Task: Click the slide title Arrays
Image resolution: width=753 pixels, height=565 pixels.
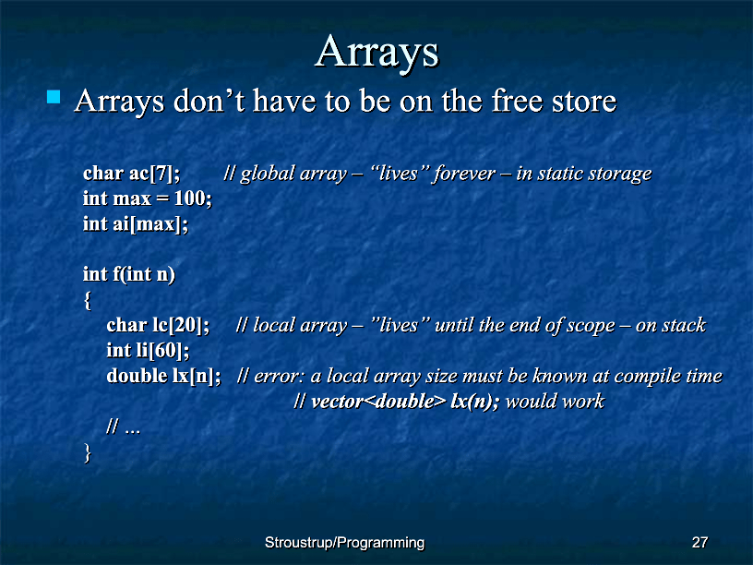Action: coord(377,53)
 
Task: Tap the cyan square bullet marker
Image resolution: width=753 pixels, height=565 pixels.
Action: coord(54,97)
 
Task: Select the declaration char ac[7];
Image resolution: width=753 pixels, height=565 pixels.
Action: coord(132,173)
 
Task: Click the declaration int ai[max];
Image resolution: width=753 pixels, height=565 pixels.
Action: coord(136,224)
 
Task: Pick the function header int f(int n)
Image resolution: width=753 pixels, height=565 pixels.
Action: coord(128,274)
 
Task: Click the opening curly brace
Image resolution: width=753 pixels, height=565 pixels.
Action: coord(87,300)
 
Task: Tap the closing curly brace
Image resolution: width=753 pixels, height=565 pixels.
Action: coord(87,452)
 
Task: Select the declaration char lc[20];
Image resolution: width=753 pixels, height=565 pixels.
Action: coord(158,325)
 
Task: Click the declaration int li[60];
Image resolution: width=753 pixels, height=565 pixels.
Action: coord(148,350)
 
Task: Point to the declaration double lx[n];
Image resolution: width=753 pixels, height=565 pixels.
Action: coord(163,376)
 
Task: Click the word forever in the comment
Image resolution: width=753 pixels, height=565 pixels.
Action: coord(464,173)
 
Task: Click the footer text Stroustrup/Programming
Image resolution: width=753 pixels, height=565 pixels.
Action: coord(345,543)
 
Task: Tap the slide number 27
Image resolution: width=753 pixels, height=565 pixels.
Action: coord(699,543)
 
